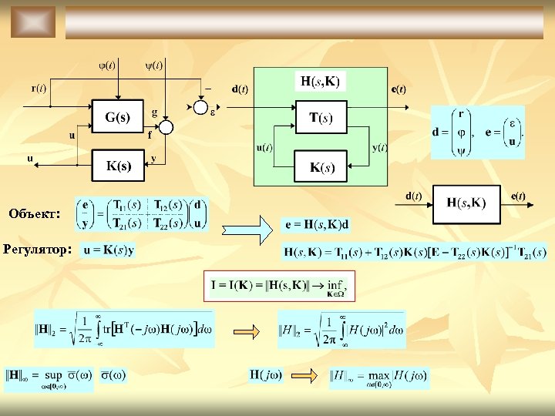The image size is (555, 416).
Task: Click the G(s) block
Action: click(x=119, y=117)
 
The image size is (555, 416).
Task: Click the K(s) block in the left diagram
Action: click(x=119, y=165)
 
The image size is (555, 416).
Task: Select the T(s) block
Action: click(x=321, y=118)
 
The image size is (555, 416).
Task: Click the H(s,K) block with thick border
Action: click(x=466, y=203)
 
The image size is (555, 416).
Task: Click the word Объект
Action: click(x=35, y=213)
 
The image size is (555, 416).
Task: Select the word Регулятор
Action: click(x=38, y=249)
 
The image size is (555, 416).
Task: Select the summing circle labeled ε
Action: click(x=201, y=105)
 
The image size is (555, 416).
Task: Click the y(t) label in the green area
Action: click(x=379, y=147)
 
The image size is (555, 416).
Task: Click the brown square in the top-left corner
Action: click(x=32, y=22)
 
